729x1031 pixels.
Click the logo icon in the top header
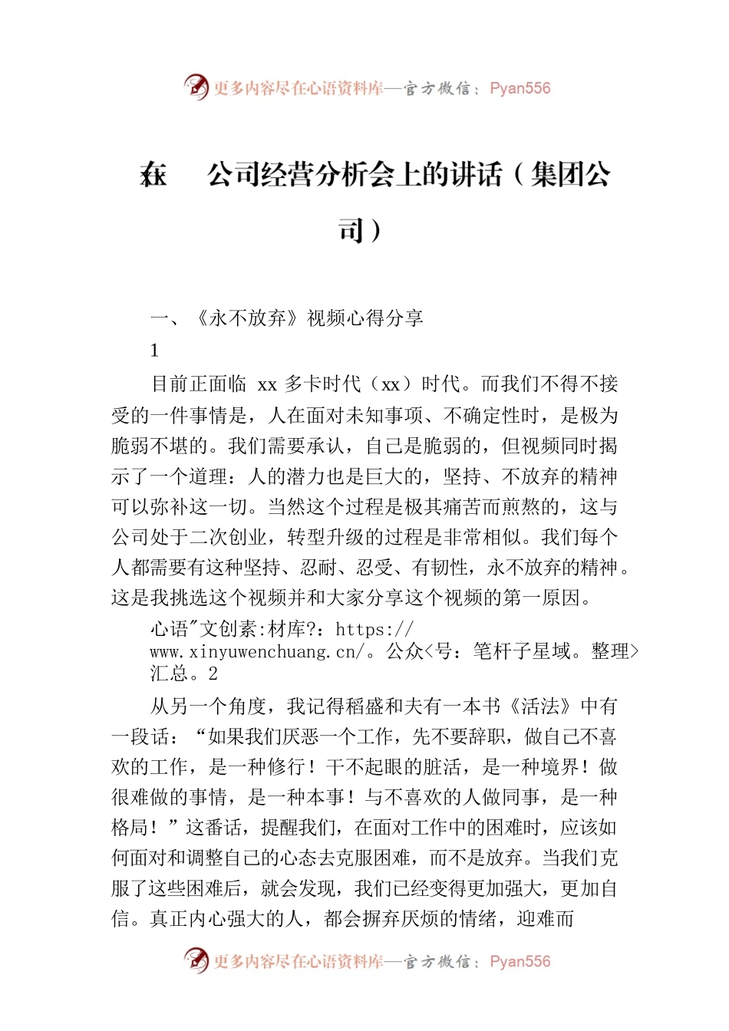tap(196, 87)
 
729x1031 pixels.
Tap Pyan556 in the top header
tap(520, 88)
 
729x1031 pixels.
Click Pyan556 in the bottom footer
tap(520, 961)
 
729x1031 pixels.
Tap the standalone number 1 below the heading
tap(154, 351)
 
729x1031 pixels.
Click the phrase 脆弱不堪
tap(150, 446)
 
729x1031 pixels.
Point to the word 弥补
tap(170, 507)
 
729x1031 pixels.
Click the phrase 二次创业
tap(228, 537)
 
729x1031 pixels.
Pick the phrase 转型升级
tap(325, 537)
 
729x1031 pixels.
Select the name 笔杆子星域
tap(522, 652)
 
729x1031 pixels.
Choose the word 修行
tap(287, 767)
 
